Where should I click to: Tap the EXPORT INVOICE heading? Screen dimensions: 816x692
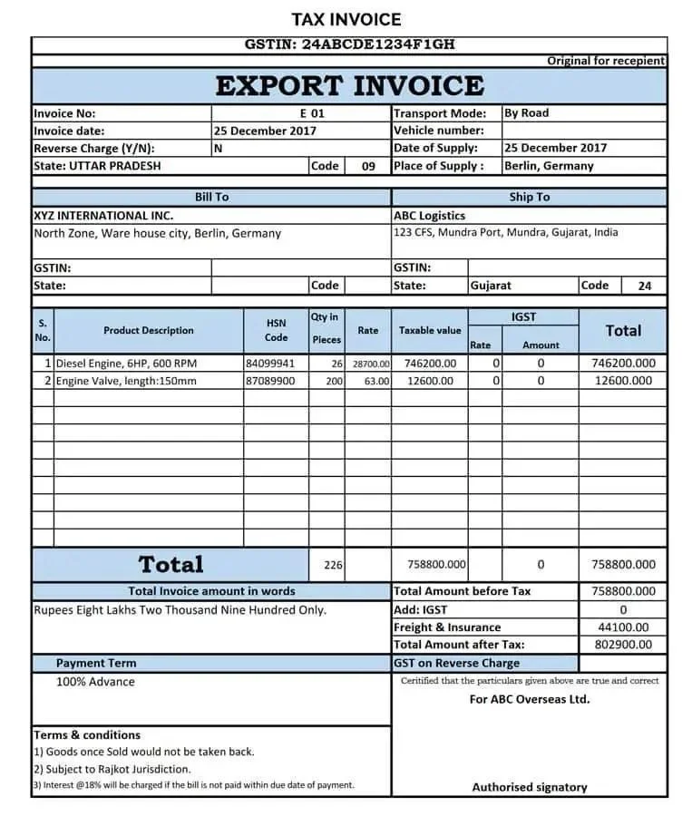349,86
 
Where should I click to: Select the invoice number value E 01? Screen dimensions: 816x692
312,113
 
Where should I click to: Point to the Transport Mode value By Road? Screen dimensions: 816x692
526,113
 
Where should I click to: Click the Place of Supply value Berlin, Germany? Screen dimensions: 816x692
549,166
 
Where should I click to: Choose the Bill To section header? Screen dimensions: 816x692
211,197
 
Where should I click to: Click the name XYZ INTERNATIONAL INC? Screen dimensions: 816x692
102,216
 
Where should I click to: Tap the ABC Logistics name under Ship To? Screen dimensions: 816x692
429,216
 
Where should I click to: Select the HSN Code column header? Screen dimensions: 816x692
276,330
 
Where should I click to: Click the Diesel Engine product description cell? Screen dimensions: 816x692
126,364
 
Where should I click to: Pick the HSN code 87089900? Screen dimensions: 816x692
270,382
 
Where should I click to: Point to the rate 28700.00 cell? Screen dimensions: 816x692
370,364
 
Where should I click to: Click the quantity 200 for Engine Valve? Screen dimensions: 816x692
334,382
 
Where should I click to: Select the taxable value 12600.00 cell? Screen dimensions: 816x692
429,382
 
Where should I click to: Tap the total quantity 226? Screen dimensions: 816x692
333,565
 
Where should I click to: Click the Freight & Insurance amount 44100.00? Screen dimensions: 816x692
623,627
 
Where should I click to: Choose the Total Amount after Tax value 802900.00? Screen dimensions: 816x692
623,645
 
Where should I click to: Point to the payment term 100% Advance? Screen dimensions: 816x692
95,682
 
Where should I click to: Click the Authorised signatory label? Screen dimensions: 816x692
530,787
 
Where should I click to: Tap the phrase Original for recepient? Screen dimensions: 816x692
606,61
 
